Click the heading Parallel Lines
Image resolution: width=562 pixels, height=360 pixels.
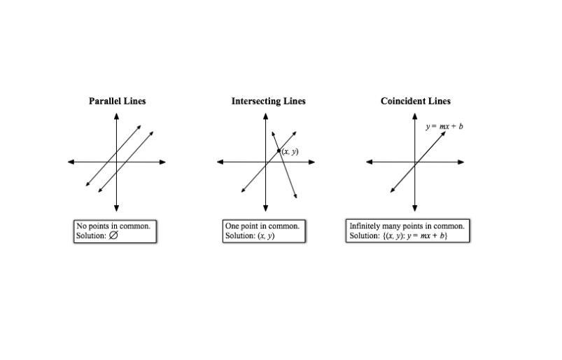coord(117,101)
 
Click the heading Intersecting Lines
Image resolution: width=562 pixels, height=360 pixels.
coord(268,101)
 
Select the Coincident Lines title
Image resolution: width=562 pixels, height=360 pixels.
coord(415,101)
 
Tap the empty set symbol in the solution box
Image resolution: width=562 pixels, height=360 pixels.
coord(113,236)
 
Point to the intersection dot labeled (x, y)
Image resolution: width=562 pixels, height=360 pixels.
coord(279,151)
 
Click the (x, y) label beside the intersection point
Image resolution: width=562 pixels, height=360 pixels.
coord(290,151)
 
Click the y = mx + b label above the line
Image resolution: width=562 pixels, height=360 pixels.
coord(444,127)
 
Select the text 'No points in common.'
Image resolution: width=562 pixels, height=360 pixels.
coord(113,226)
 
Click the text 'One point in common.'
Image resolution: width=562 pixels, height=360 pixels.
coord(262,226)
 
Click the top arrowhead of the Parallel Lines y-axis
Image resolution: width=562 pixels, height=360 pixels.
coord(116,116)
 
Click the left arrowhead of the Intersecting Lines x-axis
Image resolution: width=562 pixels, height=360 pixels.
coord(220,162)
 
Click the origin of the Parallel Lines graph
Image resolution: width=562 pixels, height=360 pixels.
coord(116,162)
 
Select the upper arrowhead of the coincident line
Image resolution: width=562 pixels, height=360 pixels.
coord(444,133)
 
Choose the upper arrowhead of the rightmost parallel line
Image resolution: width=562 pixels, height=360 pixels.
coord(151,133)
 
